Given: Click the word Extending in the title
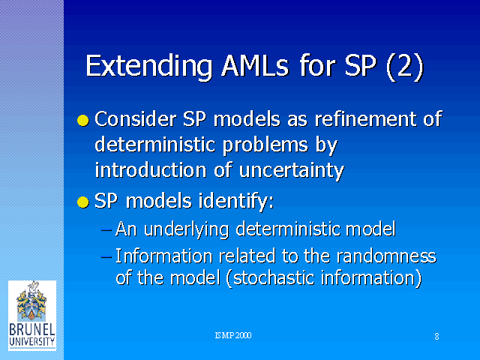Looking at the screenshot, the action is [x=149, y=67].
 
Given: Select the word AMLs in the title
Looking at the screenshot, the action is [x=255, y=66].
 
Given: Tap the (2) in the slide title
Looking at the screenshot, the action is [x=405, y=67].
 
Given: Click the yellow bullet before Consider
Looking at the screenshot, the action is [x=83, y=120].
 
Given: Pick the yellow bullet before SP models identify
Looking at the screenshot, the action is [x=83, y=202].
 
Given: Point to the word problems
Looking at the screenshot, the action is [x=265, y=145].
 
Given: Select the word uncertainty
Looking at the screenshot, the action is [x=292, y=171].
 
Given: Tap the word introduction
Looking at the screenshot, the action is [x=151, y=169].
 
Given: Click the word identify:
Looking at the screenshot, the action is [x=236, y=202].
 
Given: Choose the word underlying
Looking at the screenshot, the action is [x=186, y=229].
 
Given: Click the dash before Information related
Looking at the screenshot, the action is [x=106, y=256].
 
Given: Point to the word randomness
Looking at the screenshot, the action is [x=386, y=256].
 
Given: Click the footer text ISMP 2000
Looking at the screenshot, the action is [x=233, y=335].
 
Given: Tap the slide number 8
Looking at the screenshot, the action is [x=436, y=337].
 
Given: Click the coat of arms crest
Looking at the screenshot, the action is [x=31, y=301].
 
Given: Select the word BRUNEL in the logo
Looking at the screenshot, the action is [x=32, y=330].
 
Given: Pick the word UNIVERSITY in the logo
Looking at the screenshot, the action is [x=32, y=342].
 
